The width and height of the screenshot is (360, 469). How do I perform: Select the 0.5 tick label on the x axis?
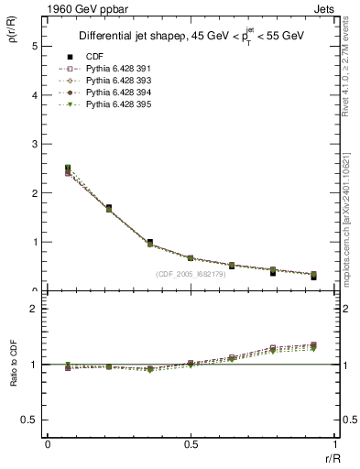click(191, 444)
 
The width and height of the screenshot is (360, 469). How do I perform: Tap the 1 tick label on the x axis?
click(333, 444)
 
